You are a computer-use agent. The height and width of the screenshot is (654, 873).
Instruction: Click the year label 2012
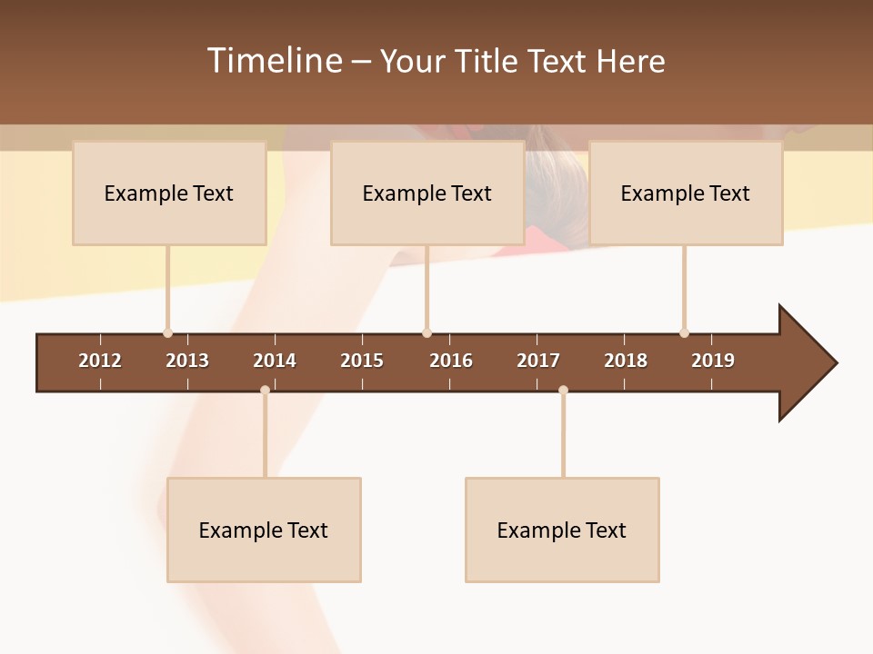coord(100,361)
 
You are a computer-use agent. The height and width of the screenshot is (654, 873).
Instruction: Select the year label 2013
coord(187,361)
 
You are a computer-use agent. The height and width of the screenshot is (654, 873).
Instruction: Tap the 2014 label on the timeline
coord(275,361)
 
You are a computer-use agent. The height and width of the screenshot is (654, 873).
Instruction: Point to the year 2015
coord(362,361)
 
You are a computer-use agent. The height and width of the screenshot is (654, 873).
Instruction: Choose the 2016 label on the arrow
coord(451,361)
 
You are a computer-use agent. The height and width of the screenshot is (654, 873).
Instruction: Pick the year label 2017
coord(538,361)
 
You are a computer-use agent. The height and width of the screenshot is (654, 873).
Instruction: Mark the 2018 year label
coord(626,361)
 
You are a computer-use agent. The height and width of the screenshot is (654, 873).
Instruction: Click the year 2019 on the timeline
coord(713,361)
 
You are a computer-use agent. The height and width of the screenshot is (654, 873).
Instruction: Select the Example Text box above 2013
coord(169,193)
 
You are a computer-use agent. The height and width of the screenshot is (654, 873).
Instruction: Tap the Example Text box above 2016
coord(427,193)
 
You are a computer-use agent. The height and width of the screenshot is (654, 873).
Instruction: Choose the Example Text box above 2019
coord(686,193)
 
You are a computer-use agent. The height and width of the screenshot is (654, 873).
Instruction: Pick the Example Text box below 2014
coord(264,530)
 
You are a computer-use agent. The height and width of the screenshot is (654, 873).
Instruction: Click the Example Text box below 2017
coord(562,530)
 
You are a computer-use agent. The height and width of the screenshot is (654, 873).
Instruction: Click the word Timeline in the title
coord(274,61)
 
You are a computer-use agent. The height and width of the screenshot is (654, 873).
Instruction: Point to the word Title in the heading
coord(488,61)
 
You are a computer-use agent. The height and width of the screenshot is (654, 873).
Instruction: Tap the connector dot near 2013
coord(167,332)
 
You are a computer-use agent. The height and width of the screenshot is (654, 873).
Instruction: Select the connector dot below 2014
coord(265,390)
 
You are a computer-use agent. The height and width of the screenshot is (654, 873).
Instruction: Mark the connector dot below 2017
coord(563,390)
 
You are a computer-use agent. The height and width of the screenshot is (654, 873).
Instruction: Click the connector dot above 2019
coord(684,332)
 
